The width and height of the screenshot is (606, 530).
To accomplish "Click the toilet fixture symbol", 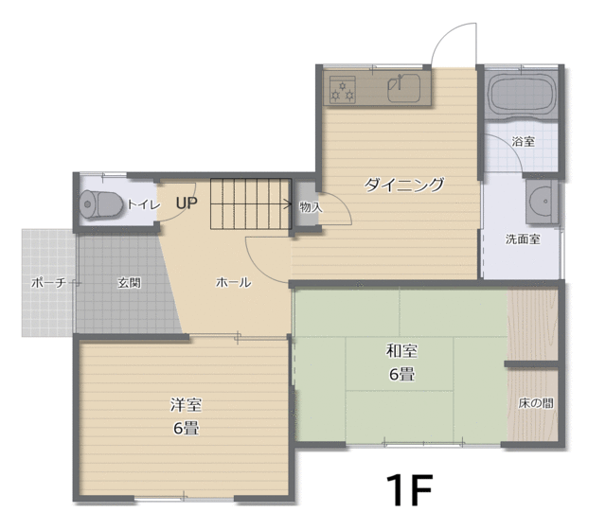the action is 98,203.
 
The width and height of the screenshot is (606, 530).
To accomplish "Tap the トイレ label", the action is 143,204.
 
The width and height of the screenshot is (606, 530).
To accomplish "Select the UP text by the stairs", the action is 187,203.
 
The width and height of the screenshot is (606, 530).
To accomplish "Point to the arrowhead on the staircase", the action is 288,203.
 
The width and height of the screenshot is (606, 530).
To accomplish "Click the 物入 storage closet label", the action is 312,207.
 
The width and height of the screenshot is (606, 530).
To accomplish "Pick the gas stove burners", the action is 343,90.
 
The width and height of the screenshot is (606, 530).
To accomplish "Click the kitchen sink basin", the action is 404,88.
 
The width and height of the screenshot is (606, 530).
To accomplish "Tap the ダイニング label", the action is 404,185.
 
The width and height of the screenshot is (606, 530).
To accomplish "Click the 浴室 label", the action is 524,141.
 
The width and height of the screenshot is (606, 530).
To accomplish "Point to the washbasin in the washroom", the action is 542,202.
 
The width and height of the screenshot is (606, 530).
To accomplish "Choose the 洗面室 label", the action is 523,239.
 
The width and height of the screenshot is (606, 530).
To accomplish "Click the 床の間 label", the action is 536,404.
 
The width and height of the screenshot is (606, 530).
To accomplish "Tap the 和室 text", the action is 401,351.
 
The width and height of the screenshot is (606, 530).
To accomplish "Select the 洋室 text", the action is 186,405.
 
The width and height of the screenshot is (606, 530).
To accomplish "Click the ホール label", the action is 234,282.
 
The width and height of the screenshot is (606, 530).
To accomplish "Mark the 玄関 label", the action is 129,283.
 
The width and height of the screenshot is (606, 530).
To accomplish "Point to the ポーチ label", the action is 48,283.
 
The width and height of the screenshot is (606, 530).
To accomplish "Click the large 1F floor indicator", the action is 409,489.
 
